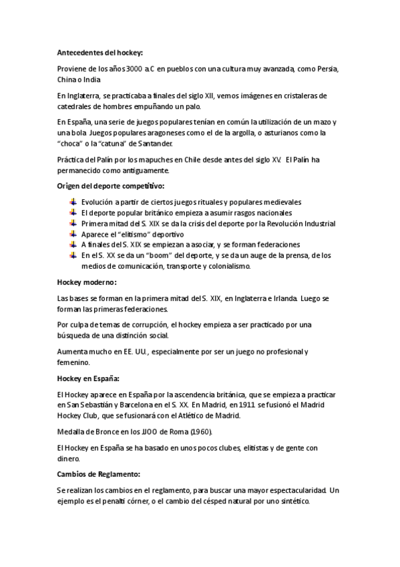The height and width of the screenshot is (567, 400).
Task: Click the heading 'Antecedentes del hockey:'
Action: [x=100, y=51]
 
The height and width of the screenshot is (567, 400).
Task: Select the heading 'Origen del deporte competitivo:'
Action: [x=111, y=185]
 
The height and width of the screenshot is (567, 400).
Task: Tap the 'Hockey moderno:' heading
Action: [x=87, y=281]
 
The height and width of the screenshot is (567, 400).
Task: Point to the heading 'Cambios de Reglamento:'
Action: [x=99, y=473]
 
